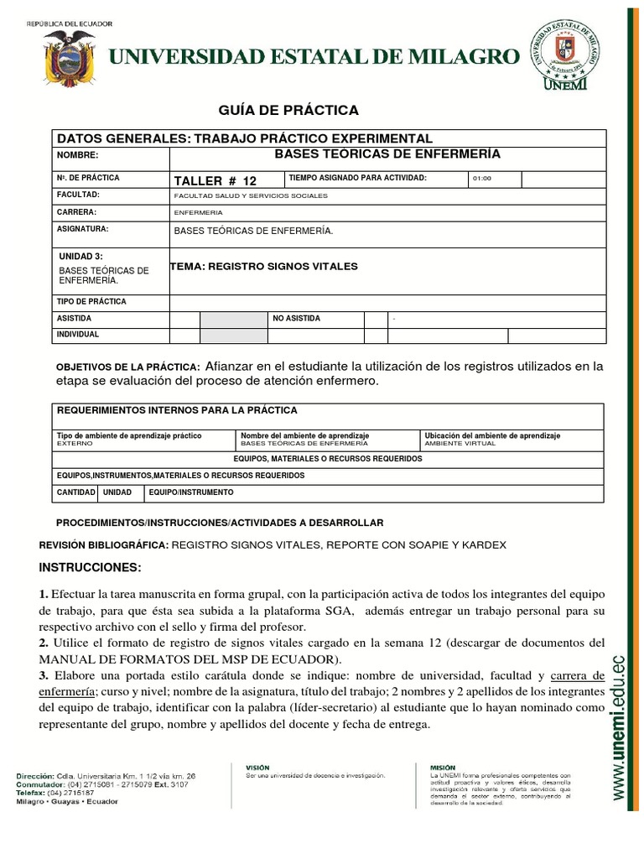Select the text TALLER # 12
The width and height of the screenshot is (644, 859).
click(215, 180)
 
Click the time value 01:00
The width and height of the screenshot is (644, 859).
click(482, 179)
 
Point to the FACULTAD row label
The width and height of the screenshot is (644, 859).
click(78, 195)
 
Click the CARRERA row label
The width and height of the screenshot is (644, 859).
click(76, 212)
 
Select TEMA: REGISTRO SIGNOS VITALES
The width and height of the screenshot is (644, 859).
click(264, 266)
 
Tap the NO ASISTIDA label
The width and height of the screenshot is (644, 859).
click(296, 319)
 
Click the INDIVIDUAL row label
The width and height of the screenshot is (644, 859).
click(78, 335)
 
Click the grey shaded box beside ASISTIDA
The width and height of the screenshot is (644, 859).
click(232, 320)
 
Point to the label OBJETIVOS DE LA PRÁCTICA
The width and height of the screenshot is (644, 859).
click(127, 367)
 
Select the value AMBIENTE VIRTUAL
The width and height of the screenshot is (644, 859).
click(460, 443)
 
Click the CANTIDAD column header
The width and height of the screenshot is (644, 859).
click(75, 492)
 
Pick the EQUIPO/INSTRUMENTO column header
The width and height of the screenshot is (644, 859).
click(191, 492)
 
